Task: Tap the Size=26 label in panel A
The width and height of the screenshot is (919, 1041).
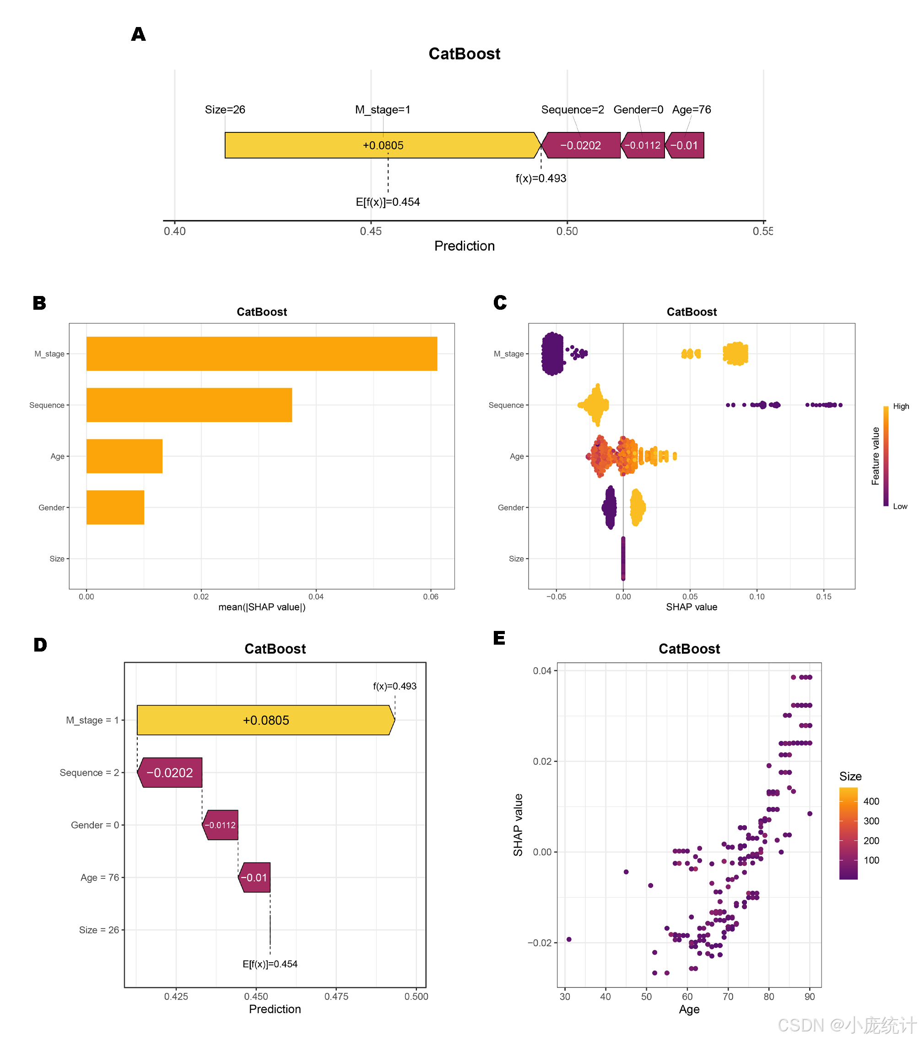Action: (x=225, y=110)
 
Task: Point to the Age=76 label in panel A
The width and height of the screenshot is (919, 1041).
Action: (x=691, y=110)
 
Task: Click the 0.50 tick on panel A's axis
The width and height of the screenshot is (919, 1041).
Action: (x=567, y=231)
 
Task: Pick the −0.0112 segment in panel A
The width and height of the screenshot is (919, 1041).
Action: (x=643, y=146)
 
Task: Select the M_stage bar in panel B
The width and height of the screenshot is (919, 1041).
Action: (x=261, y=353)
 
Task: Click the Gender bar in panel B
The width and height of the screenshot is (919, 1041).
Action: (x=115, y=507)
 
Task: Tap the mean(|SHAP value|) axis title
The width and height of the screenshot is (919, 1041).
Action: (x=261, y=607)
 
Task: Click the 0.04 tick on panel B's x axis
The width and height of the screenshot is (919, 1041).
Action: (x=315, y=597)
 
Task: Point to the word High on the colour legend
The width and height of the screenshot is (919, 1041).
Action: (x=901, y=406)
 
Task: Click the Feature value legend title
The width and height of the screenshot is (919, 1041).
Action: (x=875, y=456)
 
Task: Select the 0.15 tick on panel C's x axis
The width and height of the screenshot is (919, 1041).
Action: (x=823, y=597)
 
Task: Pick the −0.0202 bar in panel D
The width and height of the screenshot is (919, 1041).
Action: (x=169, y=773)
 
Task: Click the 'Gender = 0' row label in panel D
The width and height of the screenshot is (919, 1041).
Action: (x=95, y=825)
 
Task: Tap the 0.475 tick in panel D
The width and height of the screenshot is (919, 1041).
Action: (x=336, y=997)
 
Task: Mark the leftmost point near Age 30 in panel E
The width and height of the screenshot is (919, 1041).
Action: (x=569, y=939)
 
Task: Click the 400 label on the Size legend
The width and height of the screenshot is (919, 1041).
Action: (x=871, y=801)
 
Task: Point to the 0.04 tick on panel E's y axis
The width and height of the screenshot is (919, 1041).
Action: (x=542, y=671)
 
